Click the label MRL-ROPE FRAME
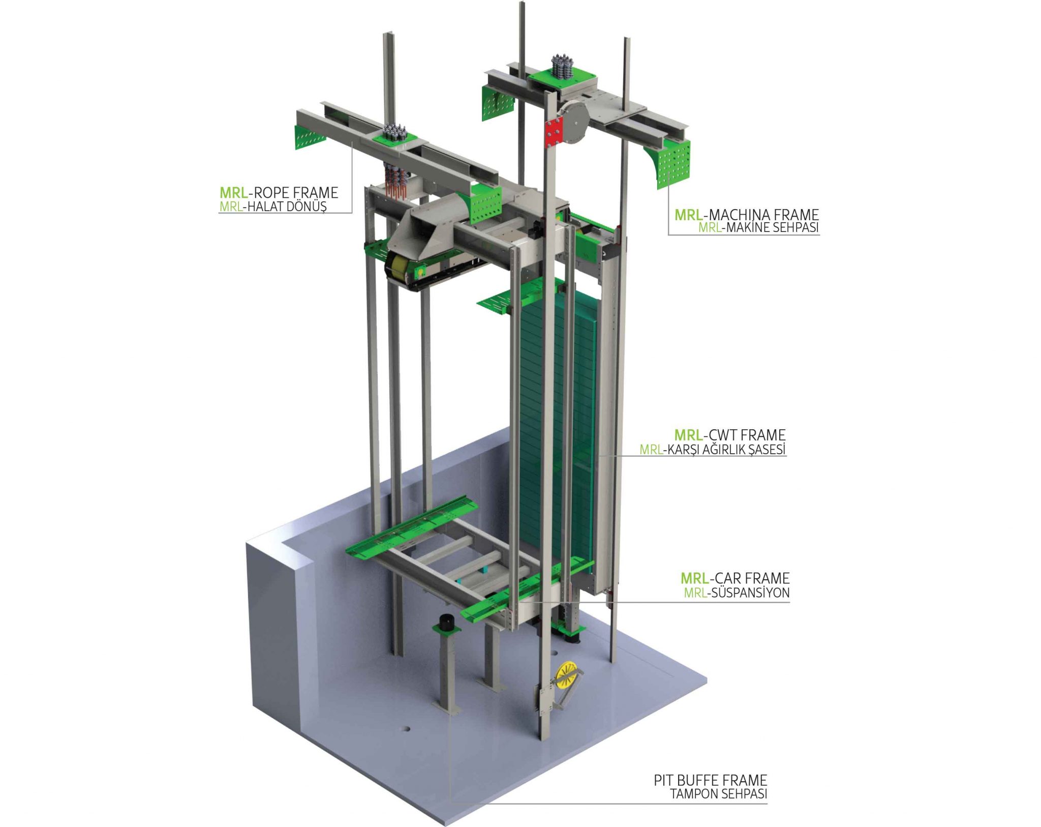click(x=279, y=192)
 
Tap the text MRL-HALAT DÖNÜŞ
click(x=272, y=206)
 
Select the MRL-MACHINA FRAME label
click(x=747, y=215)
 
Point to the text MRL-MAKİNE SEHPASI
click(x=758, y=227)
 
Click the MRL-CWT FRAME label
click(x=730, y=435)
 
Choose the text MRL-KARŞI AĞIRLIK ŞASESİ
click(x=713, y=449)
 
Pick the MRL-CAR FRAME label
click(x=735, y=578)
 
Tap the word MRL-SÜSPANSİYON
click(x=737, y=593)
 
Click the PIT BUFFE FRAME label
click(x=711, y=780)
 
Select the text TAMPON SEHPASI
click(x=719, y=793)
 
